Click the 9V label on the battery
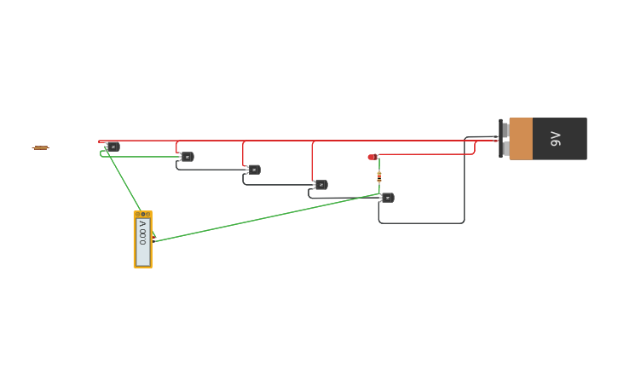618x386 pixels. [x=556, y=139]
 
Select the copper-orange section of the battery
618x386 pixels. [x=521, y=139]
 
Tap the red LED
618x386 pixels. [x=372, y=157]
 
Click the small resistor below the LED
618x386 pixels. [x=379, y=176]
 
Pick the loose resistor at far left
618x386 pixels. [x=40, y=147]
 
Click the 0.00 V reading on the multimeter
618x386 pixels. [x=142, y=233]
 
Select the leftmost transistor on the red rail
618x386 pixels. [x=113, y=147]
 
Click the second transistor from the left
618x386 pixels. [x=187, y=157]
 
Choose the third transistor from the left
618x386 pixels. [x=253, y=170]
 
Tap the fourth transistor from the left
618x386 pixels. [x=321, y=185]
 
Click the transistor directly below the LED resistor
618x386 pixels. [x=387, y=198]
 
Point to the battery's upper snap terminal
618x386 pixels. [x=505, y=130]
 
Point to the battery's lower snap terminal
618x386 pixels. [x=505, y=148]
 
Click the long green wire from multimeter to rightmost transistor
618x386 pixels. [x=264, y=217]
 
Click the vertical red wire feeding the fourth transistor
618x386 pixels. [x=312, y=162]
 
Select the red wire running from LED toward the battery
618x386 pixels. [x=426, y=154]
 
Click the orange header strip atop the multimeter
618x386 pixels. [x=142, y=214]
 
